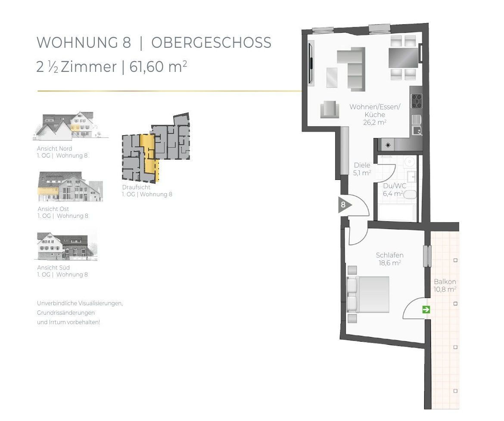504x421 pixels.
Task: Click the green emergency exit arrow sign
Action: pyautogui.click(x=426, y=310)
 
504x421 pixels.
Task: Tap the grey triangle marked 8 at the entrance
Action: pyautogui.click(x=344, y=205)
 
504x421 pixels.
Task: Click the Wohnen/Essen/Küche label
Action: pyautogui.click(x=375, y=115)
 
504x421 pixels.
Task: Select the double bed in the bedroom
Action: pyautogui.click(x=368, y=294)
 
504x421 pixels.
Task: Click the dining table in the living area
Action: pyautogui.click(x=403, y=57)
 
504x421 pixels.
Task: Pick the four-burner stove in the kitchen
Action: pyautogui.click(x=417, y=101)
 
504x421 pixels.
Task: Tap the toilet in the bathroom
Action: pyautogui.click(x=410, y=195)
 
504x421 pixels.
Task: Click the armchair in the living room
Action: pyautogui.click(x=330, y=109)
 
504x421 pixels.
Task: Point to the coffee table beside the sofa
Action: pyautogui.click(x=332, y=77)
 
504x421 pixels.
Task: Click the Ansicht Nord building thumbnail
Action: pyautogui.click(x=71, y=126)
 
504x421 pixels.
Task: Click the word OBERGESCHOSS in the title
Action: pyautogui.click(x=211, y=43)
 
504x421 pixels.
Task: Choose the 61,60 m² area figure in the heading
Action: pyautogui.click(x=158, y=67)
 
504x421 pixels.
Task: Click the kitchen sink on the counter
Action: pyautogui.click(x=417, y=130)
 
